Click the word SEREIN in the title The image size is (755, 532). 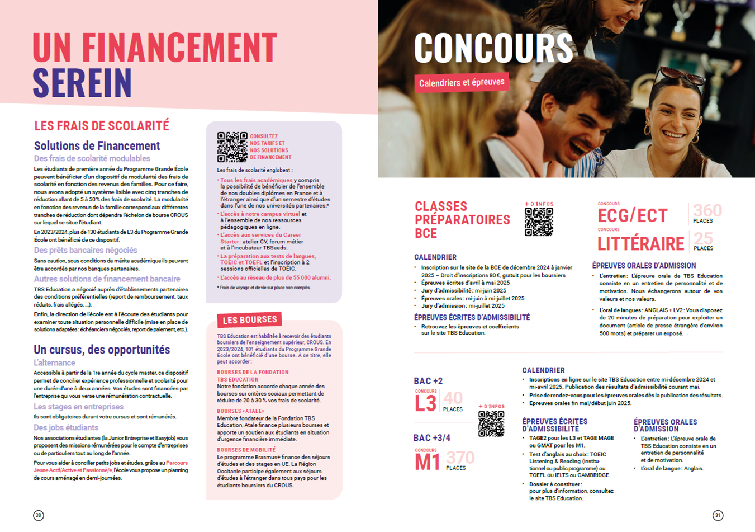tap(82, 83)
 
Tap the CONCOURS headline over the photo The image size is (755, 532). tap(493, 48)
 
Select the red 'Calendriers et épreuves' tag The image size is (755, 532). tap(462, 83)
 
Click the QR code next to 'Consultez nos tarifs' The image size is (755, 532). tap(232, 147)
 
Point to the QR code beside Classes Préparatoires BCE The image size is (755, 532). tap(539, 222)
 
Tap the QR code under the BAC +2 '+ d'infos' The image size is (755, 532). tap(491, 424)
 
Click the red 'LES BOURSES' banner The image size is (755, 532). tap(249, 320)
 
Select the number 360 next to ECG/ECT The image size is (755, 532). tap(707, 210)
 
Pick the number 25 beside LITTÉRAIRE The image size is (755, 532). tap(703, 239)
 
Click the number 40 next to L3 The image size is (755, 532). tap(453, 398)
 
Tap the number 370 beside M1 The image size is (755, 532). tap(460, 458)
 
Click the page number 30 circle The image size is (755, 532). tap(39, 515)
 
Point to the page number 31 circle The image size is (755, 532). tap(718, 515)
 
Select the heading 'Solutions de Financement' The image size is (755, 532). tap(97, 146)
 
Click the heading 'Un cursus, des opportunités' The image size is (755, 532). tap(102, 350)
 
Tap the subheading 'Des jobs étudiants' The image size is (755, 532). tap(66, 427)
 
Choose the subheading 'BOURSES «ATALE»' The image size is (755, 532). tap(240, 411)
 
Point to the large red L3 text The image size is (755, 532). tap(425, 403)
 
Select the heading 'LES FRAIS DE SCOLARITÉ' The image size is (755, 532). tap(101, 126)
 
